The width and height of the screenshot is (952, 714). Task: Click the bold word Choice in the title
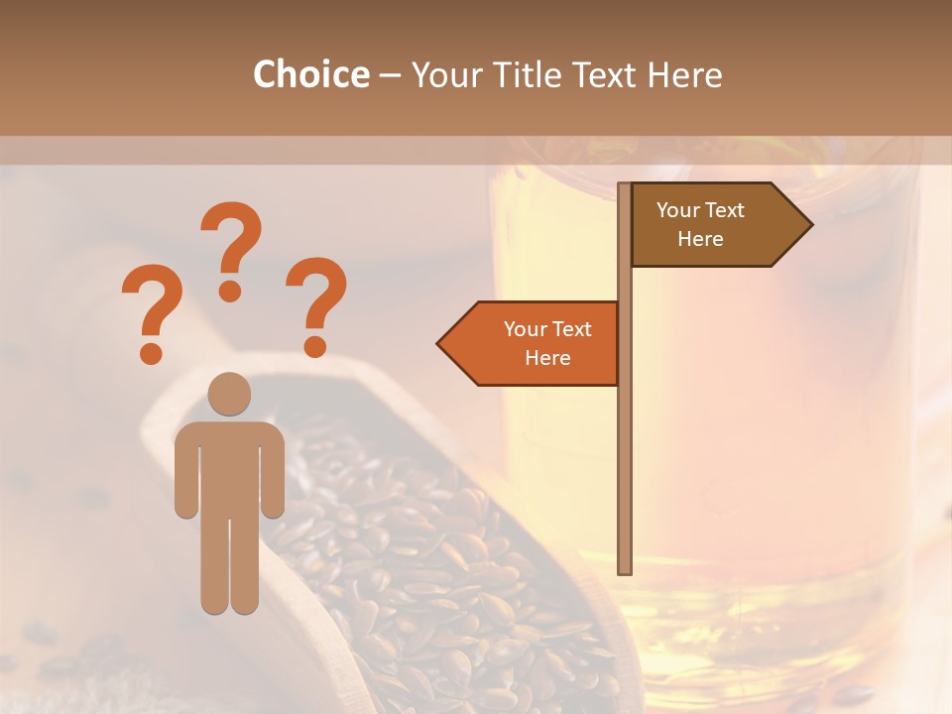pos(310,74)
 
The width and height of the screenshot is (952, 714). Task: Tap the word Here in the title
pos(684,74)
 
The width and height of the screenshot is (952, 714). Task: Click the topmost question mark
pos(231,248)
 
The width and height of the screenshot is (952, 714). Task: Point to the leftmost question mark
pos(152,311)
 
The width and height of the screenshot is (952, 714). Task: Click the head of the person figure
pos(229,394)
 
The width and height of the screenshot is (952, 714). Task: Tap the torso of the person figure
pos(229,466)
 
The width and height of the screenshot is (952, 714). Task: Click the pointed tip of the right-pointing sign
pos(810,225)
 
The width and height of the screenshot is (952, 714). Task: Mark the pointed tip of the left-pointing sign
pos(439,344)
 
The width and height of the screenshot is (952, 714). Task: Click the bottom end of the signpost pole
pos(625,569)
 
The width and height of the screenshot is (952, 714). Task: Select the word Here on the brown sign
pos(700,239)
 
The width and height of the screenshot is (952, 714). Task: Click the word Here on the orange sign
pos(547,358)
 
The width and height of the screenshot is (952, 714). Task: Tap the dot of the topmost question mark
pos(230,290)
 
